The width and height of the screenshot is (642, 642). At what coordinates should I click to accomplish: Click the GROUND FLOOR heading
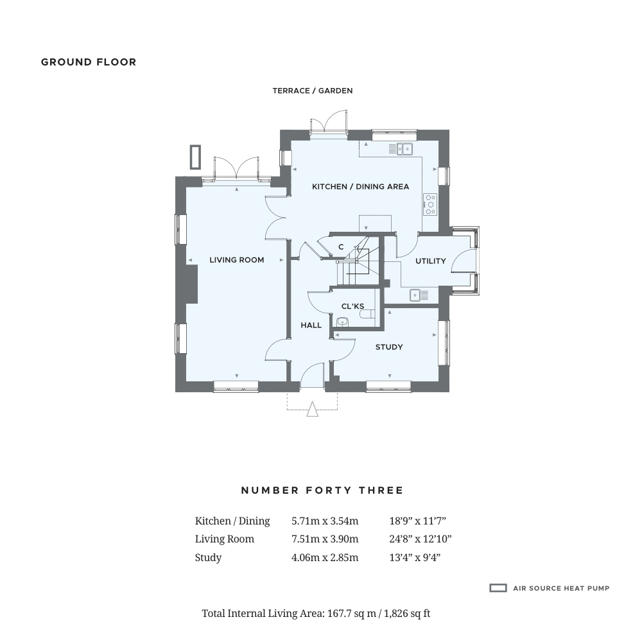[x=89, y=62]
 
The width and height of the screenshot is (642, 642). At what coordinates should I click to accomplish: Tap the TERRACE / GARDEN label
[x=313, y=91]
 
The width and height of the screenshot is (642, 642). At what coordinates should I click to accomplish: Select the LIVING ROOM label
[x=237, y=259]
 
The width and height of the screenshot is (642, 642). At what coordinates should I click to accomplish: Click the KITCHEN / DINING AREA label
[x=360, y=187]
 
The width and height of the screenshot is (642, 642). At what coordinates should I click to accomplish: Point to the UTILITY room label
[x=430, y=261]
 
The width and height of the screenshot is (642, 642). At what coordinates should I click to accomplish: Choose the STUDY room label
[x=389, y=347]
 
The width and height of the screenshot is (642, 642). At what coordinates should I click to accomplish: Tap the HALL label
[x=311, y=325]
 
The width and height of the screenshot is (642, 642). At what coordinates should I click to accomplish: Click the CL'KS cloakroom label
[x=352, y=306]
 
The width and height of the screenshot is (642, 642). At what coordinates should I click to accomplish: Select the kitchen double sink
[x=400, y=149]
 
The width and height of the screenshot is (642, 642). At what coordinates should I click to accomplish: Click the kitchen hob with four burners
[x=430, y=204]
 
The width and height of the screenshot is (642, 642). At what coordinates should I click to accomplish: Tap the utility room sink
[x=419, y=295]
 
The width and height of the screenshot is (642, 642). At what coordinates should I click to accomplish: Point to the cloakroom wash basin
[x=342, y=322]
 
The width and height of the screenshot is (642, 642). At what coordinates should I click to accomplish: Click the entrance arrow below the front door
[x=313, y=409]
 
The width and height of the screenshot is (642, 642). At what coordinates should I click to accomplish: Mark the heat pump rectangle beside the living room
[x=195, y=157]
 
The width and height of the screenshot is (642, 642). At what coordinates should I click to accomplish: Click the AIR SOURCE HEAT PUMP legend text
[x=561, y=588]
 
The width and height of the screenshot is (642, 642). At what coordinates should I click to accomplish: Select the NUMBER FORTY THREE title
[x=322, y=490]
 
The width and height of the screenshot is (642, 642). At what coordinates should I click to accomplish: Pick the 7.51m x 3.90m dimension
[x=325, y=539]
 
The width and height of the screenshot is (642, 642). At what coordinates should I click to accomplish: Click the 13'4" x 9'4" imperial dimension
[x=415, y=557]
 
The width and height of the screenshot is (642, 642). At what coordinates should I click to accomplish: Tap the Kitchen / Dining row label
[x=232, y=521]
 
